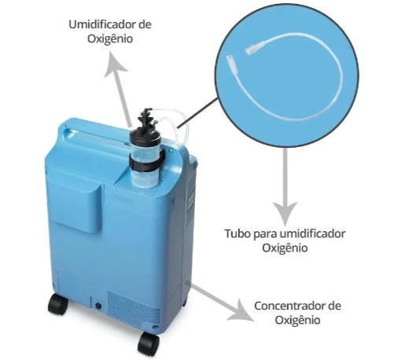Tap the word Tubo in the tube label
click(x=237, y=233)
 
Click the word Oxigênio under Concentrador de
click(x=297, y=320)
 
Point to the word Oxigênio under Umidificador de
click(x=110, y=39)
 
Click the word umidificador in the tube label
click(x=312, y=233)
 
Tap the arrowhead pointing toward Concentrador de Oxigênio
click(x=242, y=311)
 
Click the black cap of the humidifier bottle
click(x=145, y=133)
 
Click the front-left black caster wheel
click(x=58, y=304)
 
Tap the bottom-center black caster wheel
click(x=149, y=343)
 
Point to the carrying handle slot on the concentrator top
click(x=100, y=136)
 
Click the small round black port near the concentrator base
click(x=98, y=306)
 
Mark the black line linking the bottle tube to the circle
click(x=197, y=113)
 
